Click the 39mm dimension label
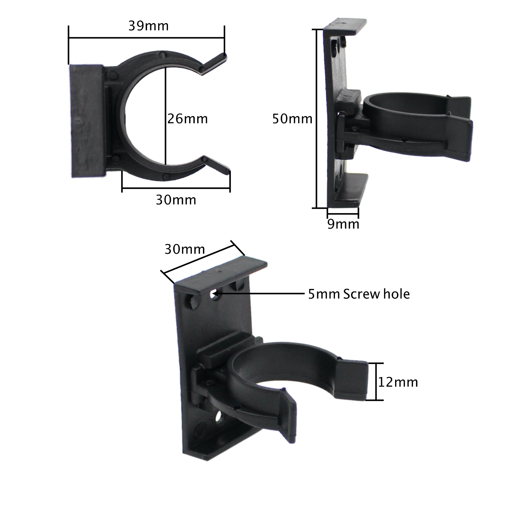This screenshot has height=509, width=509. [148, 26]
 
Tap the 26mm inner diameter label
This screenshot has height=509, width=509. [188, 119]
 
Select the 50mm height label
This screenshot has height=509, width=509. [292, 119]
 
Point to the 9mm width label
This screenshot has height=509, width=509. [343, 224]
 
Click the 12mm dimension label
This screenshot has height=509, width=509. [398, 382]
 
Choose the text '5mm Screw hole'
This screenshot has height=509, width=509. [359, 294]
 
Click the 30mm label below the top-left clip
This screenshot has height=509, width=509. [176, 200]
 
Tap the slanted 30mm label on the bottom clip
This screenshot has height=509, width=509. [185, 249]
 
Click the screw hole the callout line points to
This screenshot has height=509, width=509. [215, 295]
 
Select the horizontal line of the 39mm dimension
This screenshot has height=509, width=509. [146, 38]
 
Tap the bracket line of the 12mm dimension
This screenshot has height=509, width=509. [376, 381]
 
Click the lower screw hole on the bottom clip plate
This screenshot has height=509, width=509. [219, 417]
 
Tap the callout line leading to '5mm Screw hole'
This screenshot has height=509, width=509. [261, 294]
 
